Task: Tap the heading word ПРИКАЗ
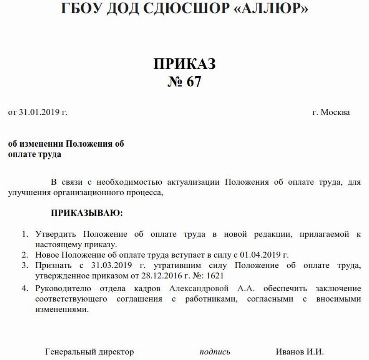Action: click(185, 64)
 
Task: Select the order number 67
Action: click(194, 82)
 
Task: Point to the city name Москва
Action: click(335, 112)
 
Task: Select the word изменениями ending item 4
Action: click(59, 309)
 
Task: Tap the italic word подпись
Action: click(215, 352)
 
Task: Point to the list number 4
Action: click(24, 288)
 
